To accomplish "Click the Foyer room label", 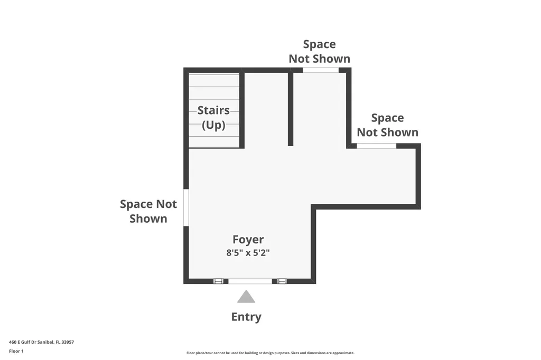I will click(248, 240).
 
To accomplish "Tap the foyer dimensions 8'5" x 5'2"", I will click(248, 253).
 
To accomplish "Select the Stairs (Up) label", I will click(213, 118).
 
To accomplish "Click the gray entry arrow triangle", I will click(246, 298).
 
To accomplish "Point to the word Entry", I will click(246, 317).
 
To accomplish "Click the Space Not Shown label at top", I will click(319, 51).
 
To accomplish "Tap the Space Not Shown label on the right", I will click(387, 125).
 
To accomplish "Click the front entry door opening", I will click(250, 281).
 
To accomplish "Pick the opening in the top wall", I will click(321, 70).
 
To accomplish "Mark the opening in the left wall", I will click(186, 207).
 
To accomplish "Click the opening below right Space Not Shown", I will click(376, 146).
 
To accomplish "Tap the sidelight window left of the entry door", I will click(218, 281).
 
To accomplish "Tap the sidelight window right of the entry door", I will click(282, 281).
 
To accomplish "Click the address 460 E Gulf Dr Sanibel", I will click(41, 342).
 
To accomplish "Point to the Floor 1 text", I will click(16, 351).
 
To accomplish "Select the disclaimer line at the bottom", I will click(270, 353).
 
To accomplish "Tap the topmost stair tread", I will click(214, 80).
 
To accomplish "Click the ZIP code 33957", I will click(68, 342).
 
